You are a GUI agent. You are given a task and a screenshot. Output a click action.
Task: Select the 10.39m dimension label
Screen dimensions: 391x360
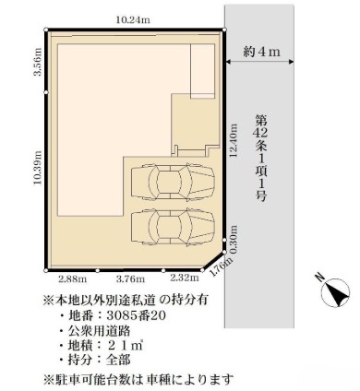point(37,169)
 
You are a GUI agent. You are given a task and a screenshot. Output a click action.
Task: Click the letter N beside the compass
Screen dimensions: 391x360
point(318,276)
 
